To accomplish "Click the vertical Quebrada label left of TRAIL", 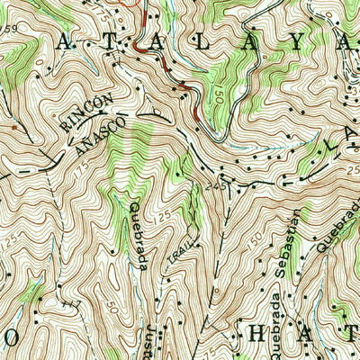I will point(138,233).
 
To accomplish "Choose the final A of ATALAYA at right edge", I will point(346,41).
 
